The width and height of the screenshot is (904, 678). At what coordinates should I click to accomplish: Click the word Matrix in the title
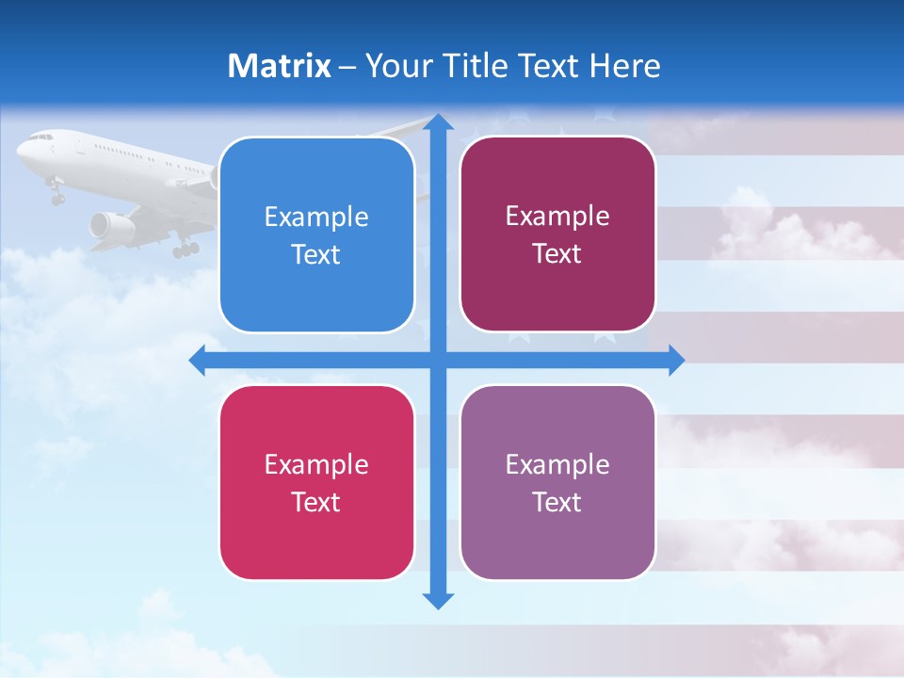point(280,66)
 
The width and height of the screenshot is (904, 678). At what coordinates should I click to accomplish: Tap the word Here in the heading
point(624,66)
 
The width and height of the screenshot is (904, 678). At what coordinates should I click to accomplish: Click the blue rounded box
point(316,234)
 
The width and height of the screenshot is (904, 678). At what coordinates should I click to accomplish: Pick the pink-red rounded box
point(316,482)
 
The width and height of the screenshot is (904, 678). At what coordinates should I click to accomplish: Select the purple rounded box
point(557,482)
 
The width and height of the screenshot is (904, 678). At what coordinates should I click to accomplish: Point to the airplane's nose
point(22,147)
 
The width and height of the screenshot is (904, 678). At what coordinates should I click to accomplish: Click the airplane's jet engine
point(112,225)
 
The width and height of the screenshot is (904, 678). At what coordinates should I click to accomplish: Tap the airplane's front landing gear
point(56,196)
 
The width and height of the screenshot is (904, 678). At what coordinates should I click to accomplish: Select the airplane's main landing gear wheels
point(186,250)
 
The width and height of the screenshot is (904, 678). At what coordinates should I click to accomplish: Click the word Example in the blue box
point(316,217)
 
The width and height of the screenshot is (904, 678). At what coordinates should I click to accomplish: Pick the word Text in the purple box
point(557,502)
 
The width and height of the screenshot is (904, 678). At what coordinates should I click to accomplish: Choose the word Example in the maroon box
point(557,216)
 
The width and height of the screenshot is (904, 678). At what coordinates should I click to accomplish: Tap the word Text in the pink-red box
point(316,502)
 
